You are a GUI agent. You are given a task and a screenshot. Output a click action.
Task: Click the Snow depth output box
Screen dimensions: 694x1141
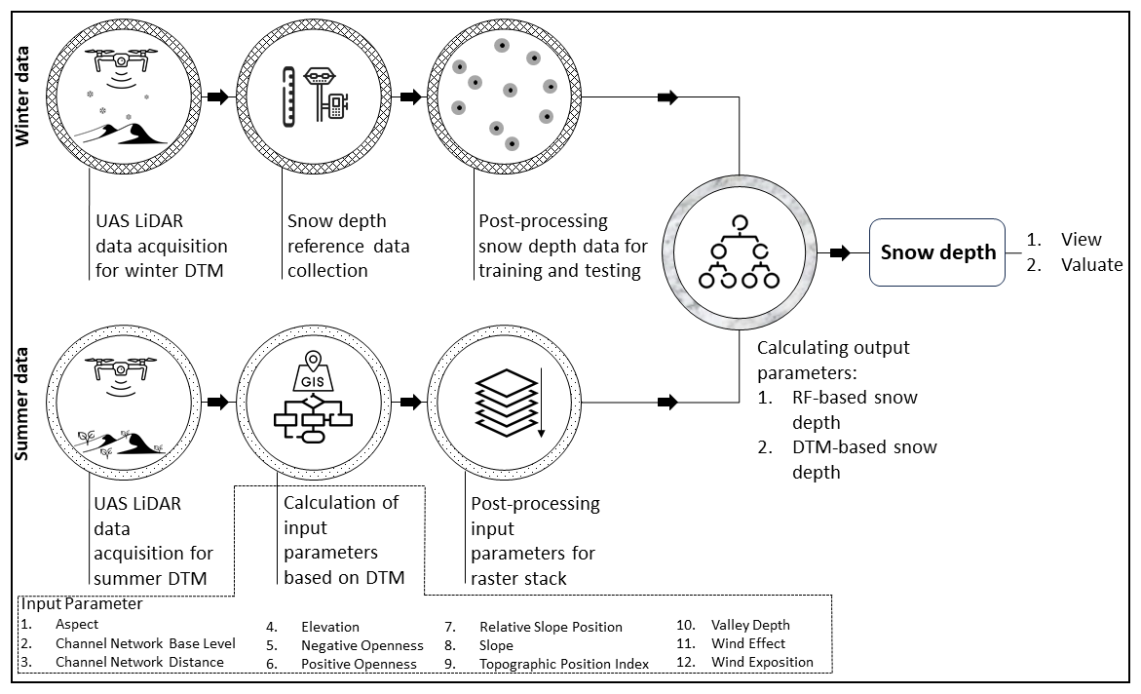(937, 252)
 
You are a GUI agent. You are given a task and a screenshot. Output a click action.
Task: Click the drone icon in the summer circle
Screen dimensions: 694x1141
(120, 370)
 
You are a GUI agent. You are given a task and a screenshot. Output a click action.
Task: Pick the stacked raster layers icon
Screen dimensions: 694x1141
(505, 402)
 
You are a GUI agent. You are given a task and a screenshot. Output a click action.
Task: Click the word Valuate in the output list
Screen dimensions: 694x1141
(1091, 264)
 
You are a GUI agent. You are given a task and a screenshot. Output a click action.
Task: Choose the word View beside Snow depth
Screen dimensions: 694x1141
(1082, 240)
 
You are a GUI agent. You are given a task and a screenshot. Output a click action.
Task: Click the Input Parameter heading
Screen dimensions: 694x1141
(82, 604)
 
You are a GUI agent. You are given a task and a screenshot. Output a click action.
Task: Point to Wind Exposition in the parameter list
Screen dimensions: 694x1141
(762, 662)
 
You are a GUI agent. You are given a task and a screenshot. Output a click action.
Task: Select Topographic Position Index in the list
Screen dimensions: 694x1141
(564, 664)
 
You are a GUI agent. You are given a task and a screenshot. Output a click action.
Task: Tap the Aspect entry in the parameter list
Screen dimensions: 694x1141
(77, 624)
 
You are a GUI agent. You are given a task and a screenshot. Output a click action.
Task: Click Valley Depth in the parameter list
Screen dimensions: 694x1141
(750, 625)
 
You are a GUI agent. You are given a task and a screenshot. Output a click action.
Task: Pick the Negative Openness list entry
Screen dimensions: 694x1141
(362, 645)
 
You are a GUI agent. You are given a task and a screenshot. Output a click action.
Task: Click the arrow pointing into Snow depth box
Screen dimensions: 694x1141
(839, 252)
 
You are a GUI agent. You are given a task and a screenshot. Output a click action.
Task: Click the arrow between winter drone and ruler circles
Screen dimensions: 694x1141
(218, 96)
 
